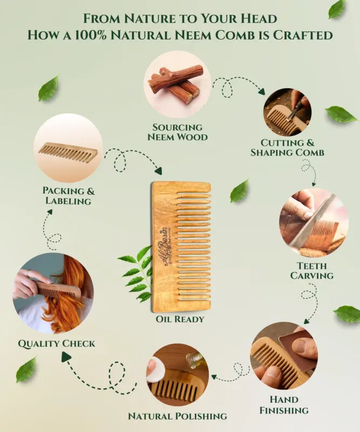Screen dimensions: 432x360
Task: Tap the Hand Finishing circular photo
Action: [x=284, y=356]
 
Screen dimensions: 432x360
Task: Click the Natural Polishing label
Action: [x=177, y=416]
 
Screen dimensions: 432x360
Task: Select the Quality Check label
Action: [x=56, y=343]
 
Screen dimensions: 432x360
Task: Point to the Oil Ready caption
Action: [x=181, y=319]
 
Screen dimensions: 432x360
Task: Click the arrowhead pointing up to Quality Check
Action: [x=66, y=357]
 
